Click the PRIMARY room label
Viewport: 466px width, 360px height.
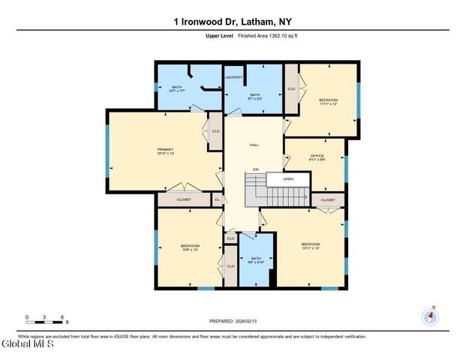(165, 151)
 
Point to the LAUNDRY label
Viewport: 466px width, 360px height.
(232, 76)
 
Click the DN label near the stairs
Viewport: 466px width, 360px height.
(255, 169)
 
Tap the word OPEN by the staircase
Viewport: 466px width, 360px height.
(288, 179)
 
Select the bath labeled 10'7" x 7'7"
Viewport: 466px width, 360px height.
(177, 89)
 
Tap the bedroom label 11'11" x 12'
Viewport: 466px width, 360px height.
(328, 102)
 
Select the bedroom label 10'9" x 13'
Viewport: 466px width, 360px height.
(189, 247)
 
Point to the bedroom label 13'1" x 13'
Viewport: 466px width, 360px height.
(311, 246)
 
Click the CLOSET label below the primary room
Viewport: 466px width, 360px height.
(184, 199)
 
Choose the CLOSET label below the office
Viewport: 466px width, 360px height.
(328, 200)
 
